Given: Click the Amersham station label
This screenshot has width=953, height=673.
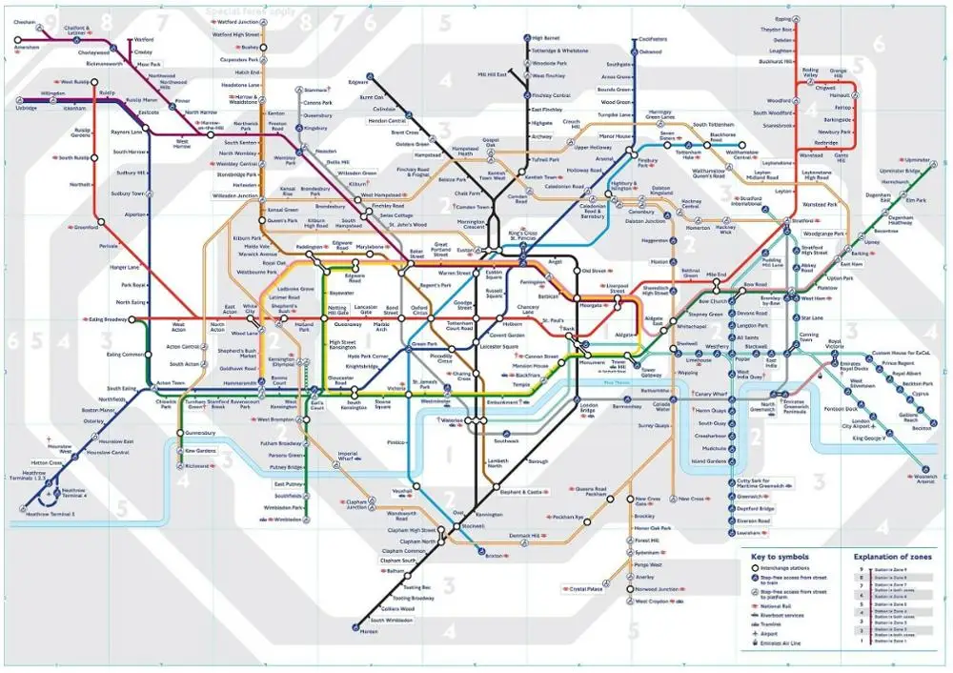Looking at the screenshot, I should pyautogui.click(x=26, y=47).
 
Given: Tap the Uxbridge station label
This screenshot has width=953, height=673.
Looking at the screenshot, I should pyautogui.click(x=27, y=109).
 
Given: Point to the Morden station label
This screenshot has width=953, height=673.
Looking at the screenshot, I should pyautogui.click(x=370, y=630).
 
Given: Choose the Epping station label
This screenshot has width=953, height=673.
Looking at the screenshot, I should pyautogui.click(x=783, y=18).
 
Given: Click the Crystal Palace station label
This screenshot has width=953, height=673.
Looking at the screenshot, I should pyautogui.click(x=587, y=589).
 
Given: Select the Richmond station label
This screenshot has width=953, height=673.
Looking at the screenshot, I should pyautogui.click(x=199, y=466).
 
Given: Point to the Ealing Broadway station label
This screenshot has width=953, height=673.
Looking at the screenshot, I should pyautogui.click(x=108, y=319).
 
